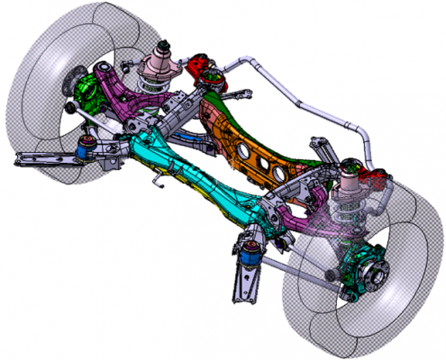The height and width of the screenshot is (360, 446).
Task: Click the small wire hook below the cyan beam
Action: click(160, 184)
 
